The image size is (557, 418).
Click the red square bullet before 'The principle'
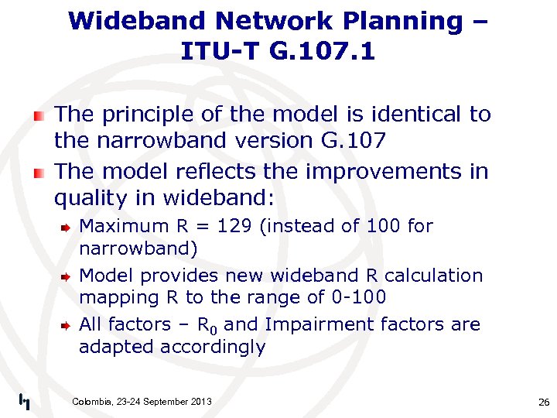38,115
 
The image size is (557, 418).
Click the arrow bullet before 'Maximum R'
67,227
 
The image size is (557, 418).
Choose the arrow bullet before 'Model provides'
67,276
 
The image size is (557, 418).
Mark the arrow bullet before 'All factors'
67,325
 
